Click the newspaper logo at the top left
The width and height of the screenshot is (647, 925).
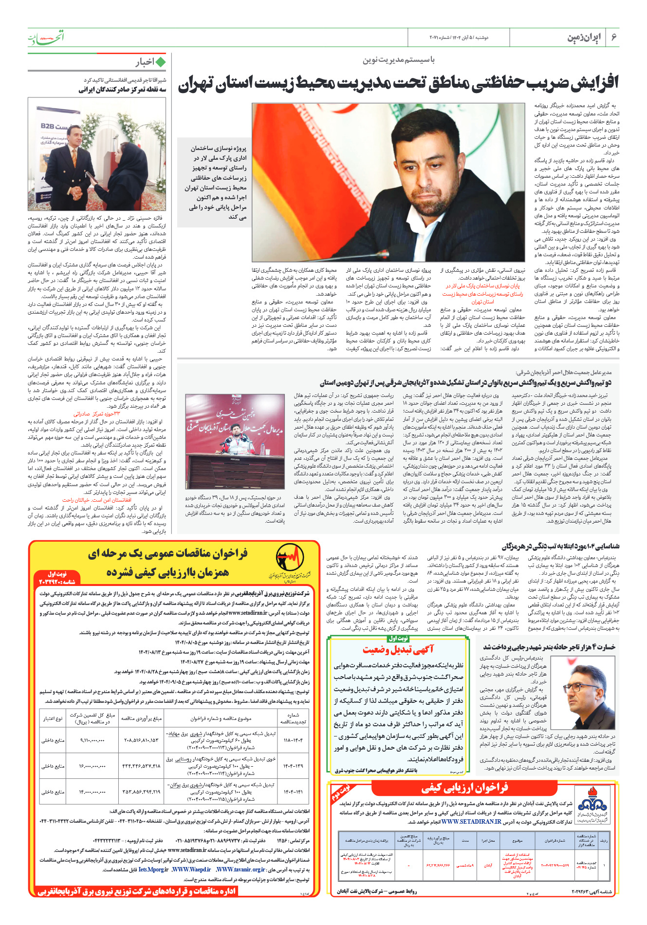pyautogui.click(x=46, y=37)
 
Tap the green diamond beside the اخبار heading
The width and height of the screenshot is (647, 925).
pyautogui.click(x=161, y=62)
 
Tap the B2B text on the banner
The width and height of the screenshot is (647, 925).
pyautogui.click(x=48, y=126)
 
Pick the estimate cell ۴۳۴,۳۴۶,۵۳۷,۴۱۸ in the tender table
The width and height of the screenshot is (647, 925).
pyautogui.click(x=141, y=766)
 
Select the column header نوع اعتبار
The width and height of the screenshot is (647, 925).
pyautogui.click(x=53, y=718)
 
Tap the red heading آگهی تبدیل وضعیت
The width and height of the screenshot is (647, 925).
pyautogui.click(x=398, y=649)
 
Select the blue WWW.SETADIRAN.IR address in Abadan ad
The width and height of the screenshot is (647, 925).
pyautogui.click(x=471, y=821)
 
